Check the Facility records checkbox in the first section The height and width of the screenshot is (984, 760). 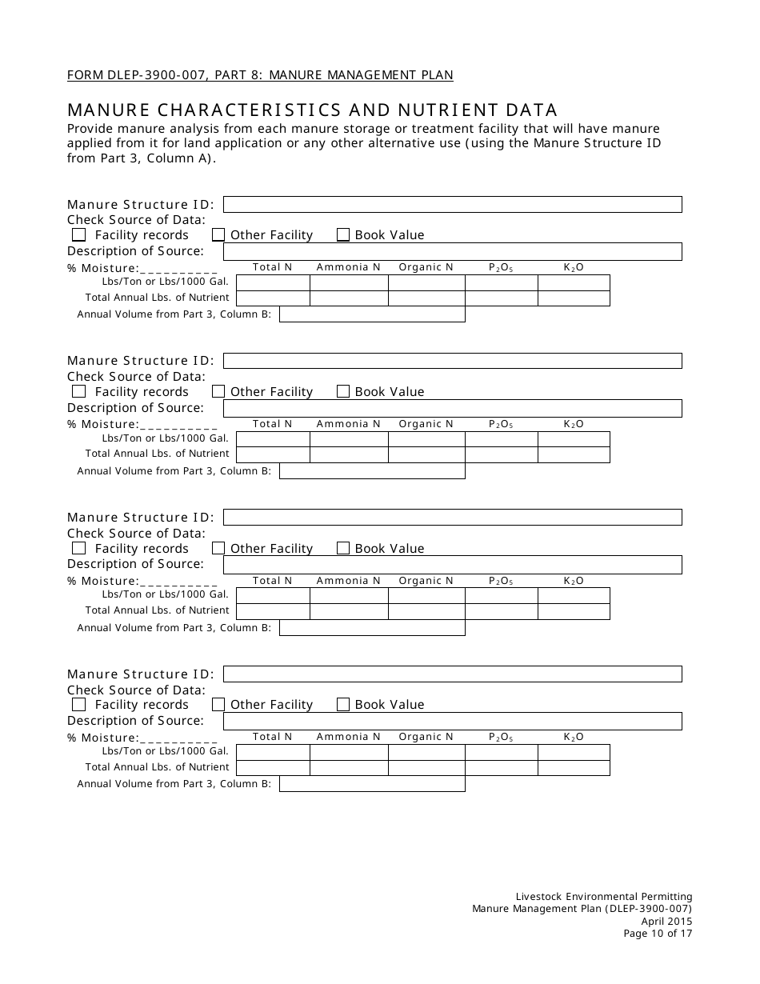click(78, 234)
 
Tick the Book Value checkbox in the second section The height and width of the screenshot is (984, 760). click(343, 391)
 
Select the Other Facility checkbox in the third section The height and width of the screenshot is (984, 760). click(218, 548)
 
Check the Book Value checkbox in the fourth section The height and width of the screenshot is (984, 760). click(343, 705)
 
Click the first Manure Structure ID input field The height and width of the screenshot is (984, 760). click(452, 204)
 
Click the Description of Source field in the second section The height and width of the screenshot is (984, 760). click(452, 408)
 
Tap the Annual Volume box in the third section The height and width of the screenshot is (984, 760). click(372, 628)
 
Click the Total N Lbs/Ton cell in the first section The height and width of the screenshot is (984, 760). click(273, 282)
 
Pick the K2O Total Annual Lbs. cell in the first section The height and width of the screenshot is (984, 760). click(574, 298)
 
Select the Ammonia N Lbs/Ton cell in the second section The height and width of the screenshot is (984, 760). click(349, 439)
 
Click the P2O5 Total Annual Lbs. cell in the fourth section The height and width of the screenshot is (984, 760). click(502, 768)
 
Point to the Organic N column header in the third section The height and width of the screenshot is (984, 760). click(426, 581)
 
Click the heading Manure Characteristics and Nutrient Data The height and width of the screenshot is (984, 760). click(313, 110)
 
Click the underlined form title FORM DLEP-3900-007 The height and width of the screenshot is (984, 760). click(260, 75)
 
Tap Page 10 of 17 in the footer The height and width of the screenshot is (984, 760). click(658, 933)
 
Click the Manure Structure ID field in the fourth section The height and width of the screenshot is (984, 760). click(452, 674)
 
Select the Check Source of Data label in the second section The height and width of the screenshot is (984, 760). click(136, 376)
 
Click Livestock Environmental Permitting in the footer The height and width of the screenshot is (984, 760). click(604, 897)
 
